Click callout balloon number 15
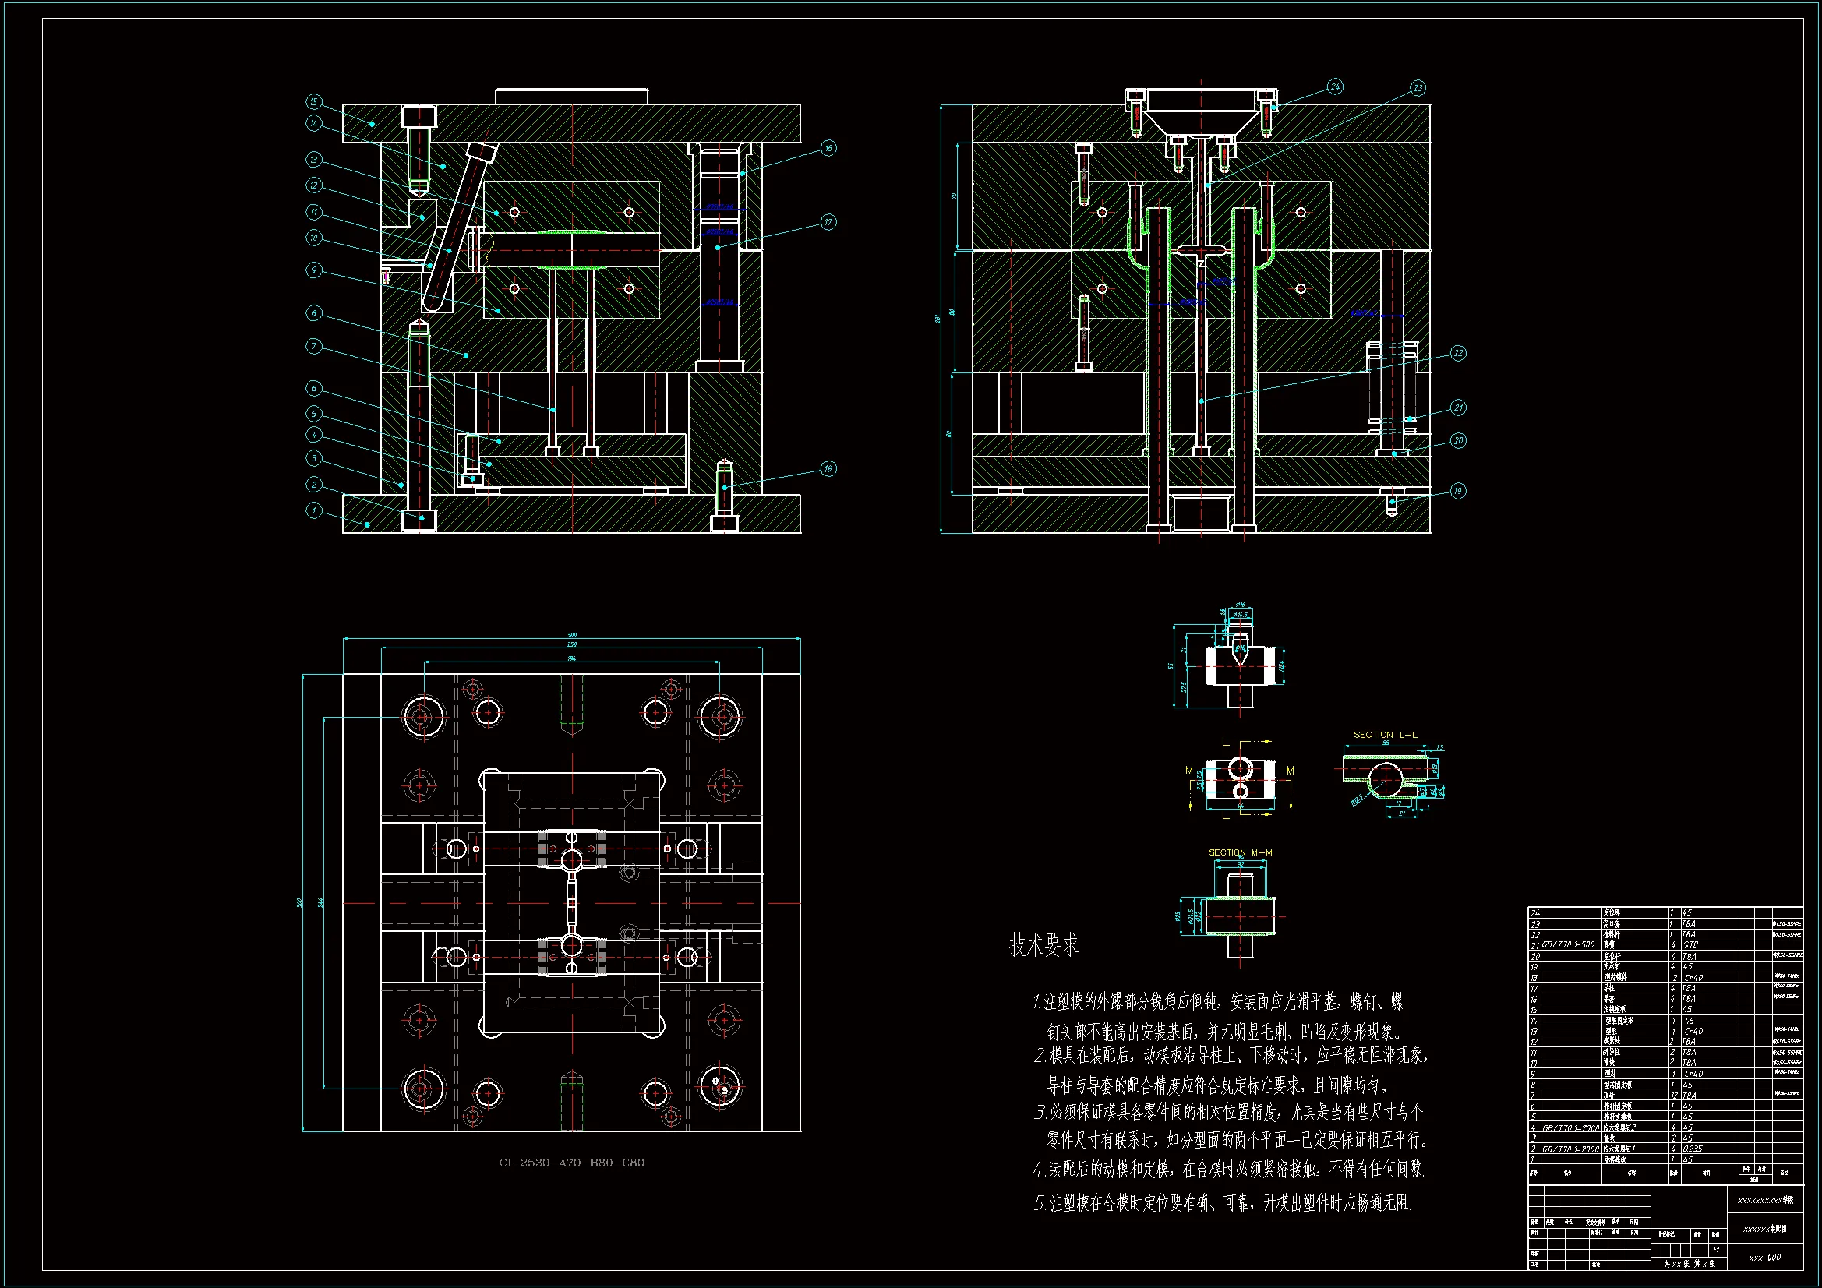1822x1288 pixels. click(x=313, y=101)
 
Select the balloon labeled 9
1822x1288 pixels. click(x=313, y=270)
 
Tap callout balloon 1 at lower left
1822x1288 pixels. click(x=313, y=510)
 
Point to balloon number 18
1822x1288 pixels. click(x=828, y=468)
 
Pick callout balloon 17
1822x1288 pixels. click(x=828, y=222)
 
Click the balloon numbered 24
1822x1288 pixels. click(x=1335, y=86)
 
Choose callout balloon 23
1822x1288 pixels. click(x=1418, y=87)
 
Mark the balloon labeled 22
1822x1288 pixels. click(x=1458, y=353)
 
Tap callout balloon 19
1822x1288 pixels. click(x=1458, y=490)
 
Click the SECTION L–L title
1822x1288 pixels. click(x=1385, y=735)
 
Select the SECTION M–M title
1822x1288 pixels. click(x=1240, y=852)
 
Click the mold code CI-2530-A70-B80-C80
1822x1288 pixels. click(x=571, y=1163)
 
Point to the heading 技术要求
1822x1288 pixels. click(x=1043, y=945)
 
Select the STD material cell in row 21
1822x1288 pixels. click(x=1690, y=945)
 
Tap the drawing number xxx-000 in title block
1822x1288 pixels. click(x=1764, y=1257)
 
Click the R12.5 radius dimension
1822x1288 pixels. click(x=1356, y=799)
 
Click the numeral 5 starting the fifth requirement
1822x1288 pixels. click(x=1039, y=1204)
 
